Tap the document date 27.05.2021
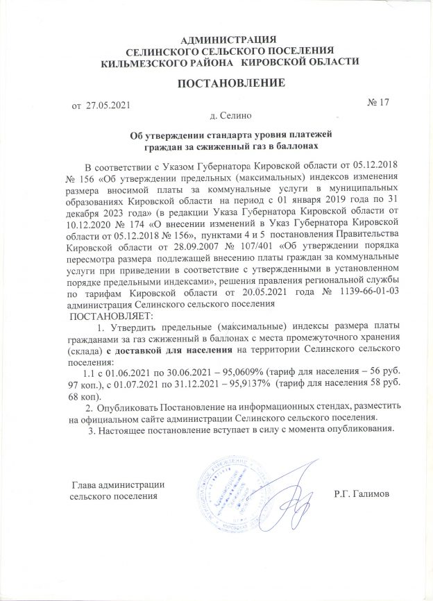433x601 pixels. coord(108,105)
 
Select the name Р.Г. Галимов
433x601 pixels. coord(362,493)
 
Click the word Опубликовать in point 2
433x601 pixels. coord(130,406)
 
